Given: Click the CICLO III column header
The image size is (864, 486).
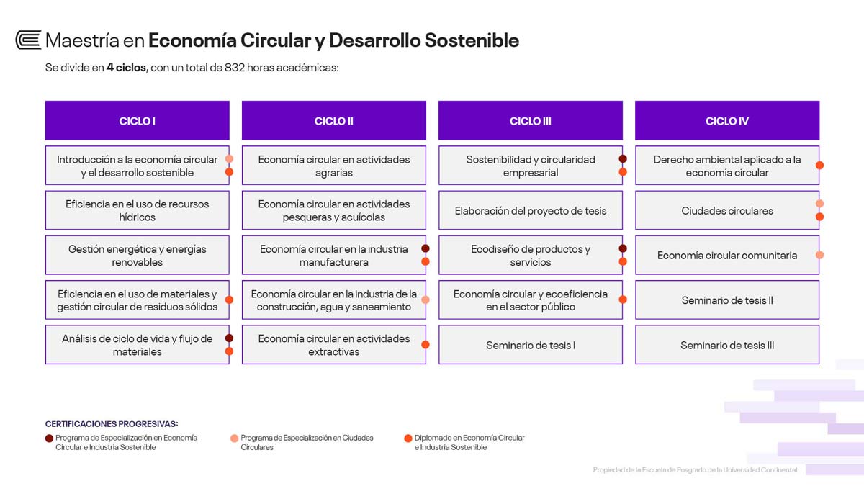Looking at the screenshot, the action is [x=531, y=121].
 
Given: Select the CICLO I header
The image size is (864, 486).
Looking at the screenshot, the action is [x=138, y=121].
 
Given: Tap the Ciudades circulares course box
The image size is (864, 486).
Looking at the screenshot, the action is [x=727, y=210].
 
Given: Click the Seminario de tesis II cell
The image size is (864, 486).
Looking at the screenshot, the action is [x=727, y=300].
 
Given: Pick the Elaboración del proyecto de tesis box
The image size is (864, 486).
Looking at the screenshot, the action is [x=531, y=210].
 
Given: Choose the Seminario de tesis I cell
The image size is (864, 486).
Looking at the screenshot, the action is [x=531, y=344].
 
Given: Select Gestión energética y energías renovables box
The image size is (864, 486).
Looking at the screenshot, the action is [x=138, y=255].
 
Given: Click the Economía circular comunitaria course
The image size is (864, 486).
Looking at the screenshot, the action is [x=727, y=255].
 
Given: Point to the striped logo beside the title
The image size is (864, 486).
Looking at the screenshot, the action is [x=28, y=40].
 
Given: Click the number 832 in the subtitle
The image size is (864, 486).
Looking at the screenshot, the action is [x=235, y=68].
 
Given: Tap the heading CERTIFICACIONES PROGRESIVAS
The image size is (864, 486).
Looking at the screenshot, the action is [x=112, y=423].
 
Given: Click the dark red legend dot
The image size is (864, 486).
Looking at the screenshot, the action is [x=49, y=438].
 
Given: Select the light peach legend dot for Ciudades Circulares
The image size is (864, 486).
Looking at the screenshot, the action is [x=234, y=438].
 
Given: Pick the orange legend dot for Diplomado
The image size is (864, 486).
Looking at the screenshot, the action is [x=408, y=438].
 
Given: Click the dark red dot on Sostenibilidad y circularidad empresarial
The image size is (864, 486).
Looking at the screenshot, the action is [x=623, y=158].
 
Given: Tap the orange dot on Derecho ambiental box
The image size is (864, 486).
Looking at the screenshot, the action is [x=819, y=165].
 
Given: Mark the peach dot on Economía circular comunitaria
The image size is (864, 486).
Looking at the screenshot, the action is [x=819, y=255].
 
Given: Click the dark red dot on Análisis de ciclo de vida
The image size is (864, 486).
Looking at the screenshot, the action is [x=229, y=338].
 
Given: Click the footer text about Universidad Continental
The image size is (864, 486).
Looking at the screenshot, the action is [x=695, y=469].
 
